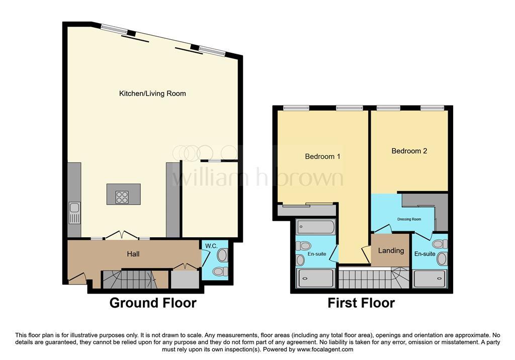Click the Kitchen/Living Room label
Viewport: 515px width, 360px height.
[152, 94]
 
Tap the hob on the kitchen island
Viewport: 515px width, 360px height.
[122, 197]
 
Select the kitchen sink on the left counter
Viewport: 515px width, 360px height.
[74, 213]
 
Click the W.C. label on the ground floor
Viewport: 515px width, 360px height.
[211, 246]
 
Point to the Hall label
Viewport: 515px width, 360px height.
[133, 254]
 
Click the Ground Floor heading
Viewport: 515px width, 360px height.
[153, 303]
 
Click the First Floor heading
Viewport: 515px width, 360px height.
[361, 303]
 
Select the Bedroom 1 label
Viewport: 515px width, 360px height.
[322, 156]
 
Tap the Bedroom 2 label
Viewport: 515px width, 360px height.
[409, 151]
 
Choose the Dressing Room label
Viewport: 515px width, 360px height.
[409, 219]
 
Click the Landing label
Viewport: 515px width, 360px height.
[391, 250]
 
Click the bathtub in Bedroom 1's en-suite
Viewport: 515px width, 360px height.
[315, 227]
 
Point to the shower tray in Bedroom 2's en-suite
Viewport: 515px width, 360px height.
[430, 279]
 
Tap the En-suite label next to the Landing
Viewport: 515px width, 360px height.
[424, 254]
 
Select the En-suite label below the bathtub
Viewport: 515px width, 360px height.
[317, 254]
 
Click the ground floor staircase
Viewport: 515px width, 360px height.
[129, 280]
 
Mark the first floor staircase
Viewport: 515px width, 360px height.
[374, 278]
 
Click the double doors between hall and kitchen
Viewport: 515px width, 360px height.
[122, 234]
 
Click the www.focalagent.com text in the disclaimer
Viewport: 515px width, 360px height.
[325, 349]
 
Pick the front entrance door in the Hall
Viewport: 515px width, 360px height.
[77, 278]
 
